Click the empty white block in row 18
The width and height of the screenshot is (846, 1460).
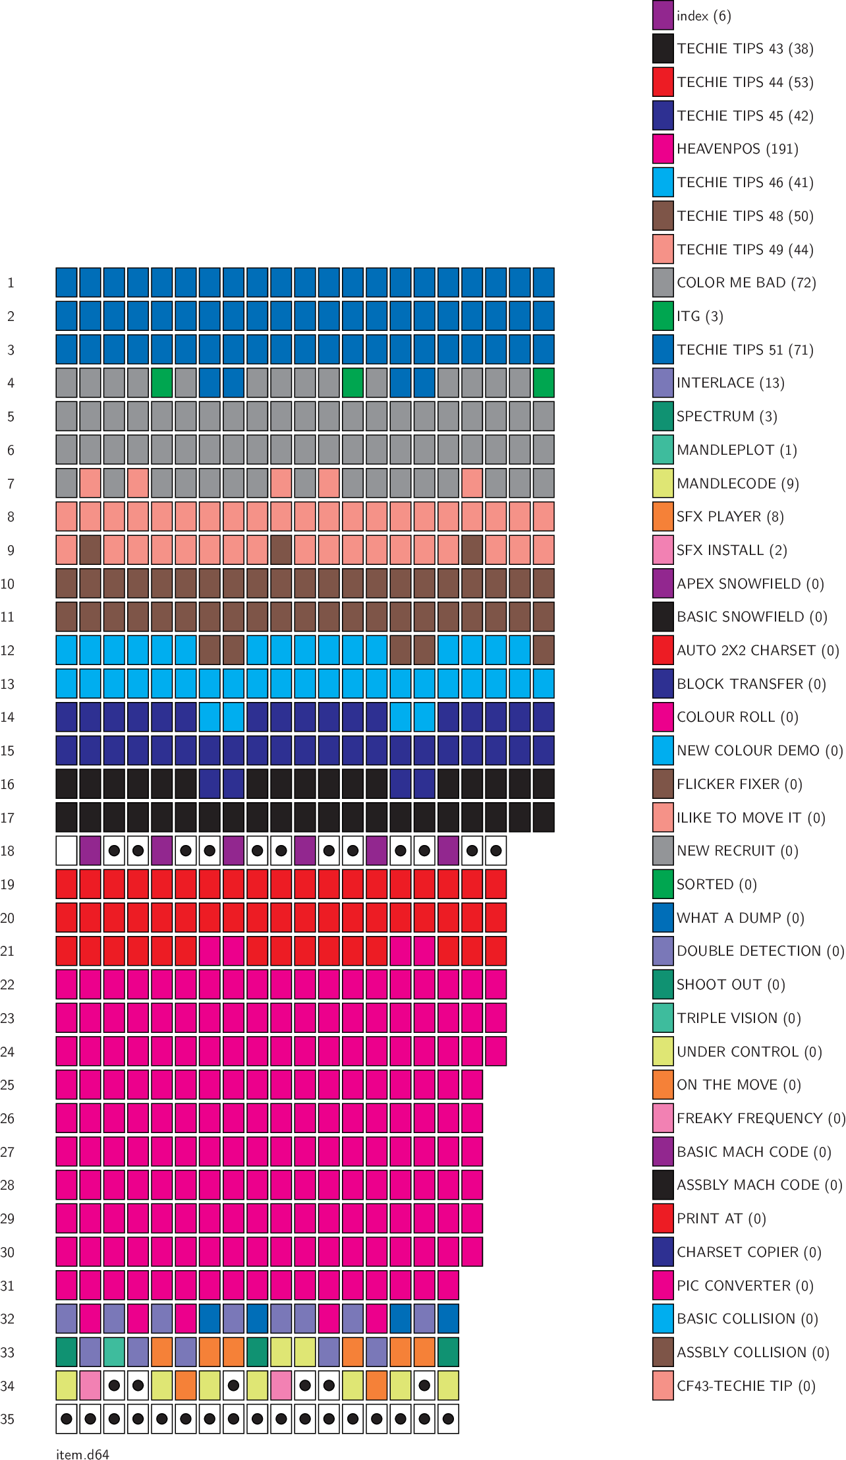67,850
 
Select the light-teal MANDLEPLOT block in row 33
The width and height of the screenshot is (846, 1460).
114,1351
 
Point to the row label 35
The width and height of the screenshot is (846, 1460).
8,1418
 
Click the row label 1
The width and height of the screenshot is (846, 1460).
11,283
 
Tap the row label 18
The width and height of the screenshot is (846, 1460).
8,850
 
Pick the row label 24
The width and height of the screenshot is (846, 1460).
8,1051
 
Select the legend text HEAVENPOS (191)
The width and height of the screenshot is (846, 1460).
737,149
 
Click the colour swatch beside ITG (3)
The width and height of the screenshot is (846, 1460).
663,316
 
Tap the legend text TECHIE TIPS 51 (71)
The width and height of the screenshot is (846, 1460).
745,349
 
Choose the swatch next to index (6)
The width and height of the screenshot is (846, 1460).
663,15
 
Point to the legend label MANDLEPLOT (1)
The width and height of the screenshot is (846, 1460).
737,450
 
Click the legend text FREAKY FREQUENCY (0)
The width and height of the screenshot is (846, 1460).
760,1118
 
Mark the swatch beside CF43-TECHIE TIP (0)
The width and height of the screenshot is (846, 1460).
663,1386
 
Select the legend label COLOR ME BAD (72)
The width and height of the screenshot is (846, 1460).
746,283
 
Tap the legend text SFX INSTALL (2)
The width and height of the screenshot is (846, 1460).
731,550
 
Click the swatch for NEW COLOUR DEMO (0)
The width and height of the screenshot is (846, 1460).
663,750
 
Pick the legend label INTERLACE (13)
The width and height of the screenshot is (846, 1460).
730,383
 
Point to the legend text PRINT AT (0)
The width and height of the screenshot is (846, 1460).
721,1218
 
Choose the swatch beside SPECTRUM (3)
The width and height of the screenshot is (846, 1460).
663,416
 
